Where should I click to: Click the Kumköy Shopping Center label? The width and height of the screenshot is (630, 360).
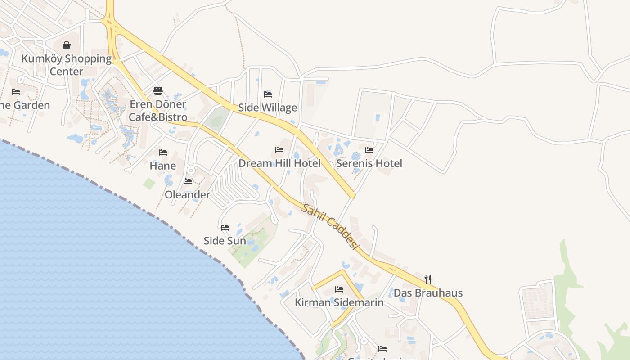(x=67, y=65)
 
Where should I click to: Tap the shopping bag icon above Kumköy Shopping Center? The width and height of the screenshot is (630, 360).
(x=67, y=45)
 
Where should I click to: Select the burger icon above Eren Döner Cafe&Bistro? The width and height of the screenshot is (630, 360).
(x=157, y=91)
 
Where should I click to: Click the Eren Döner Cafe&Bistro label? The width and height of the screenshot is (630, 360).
(x=158, y=111)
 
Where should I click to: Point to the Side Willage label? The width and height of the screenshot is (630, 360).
(x=268, y=108)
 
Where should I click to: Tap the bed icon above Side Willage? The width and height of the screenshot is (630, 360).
(x=268, y=94)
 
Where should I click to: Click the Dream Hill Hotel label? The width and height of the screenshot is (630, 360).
(x=279, y=163)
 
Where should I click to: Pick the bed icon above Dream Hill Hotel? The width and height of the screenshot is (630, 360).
(x=279, y=150)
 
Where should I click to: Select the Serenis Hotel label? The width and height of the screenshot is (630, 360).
(x=369, y=163)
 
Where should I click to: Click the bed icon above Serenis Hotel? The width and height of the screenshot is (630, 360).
(x=369, y=150)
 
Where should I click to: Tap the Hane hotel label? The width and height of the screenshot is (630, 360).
(x=163, y=166)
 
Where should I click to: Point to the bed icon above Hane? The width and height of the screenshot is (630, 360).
(x=163, y=153)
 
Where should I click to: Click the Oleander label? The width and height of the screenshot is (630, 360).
(x=187, y=195)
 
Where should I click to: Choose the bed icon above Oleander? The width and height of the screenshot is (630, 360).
(x=188, y=181)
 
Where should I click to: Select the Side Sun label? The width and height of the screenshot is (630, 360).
(x=225, y=241)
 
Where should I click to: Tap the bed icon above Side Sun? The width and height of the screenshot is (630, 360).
(x=225, y=228)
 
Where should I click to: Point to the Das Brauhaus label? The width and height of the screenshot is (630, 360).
(x=428, y=293)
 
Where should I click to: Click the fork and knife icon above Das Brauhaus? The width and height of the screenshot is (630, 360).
(x=428, y=279)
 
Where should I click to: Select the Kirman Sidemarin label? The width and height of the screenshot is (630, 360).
(x=339, y=302)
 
